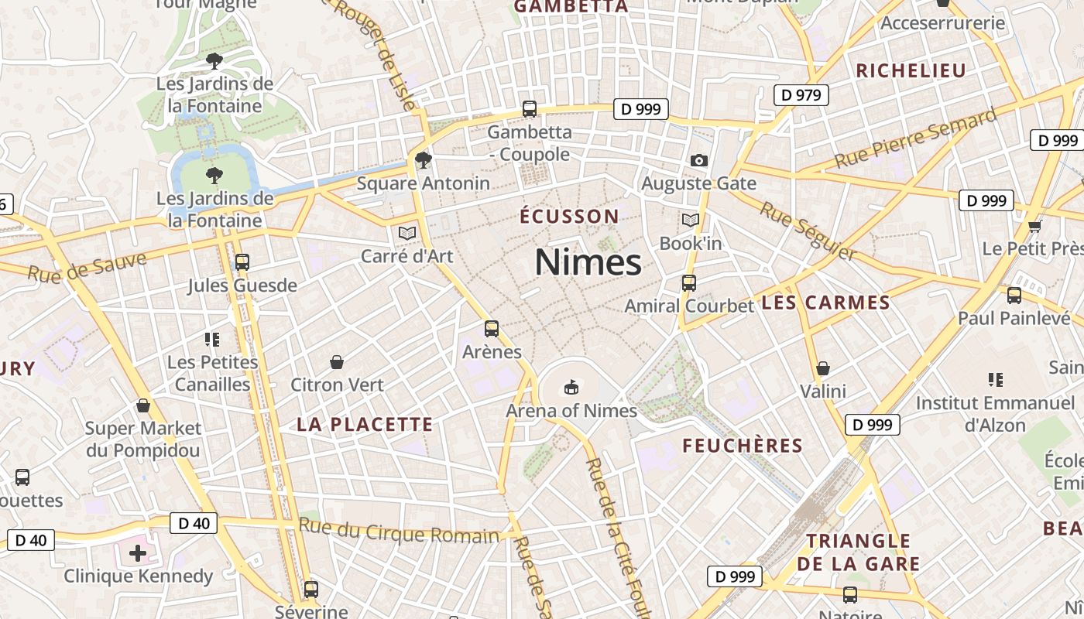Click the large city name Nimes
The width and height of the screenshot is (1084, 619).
588,262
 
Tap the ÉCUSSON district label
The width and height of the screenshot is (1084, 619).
569,217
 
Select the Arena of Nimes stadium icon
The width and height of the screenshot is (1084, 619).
571,387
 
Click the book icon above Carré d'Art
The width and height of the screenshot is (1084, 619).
407,233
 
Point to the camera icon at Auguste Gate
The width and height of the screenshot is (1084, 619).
698,161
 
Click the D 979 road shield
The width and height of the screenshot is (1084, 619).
801,95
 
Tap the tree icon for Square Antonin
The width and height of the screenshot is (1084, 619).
423,160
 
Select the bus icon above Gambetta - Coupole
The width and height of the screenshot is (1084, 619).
530,109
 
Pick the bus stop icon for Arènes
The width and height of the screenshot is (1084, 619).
491,329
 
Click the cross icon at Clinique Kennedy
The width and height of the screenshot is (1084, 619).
138,553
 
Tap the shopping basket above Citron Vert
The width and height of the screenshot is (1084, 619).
337,362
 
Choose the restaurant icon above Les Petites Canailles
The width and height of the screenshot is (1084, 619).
212,339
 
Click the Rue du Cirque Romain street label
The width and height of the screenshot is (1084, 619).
399,532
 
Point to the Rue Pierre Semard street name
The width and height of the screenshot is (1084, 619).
916,139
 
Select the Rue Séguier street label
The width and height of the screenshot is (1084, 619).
808,231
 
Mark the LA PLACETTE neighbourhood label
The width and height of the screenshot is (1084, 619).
365,424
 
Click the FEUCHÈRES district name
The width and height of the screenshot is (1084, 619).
743,446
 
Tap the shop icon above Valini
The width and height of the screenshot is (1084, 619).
823,368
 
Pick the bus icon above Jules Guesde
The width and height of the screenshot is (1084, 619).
242,262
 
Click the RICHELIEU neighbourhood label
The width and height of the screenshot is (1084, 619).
911,70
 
